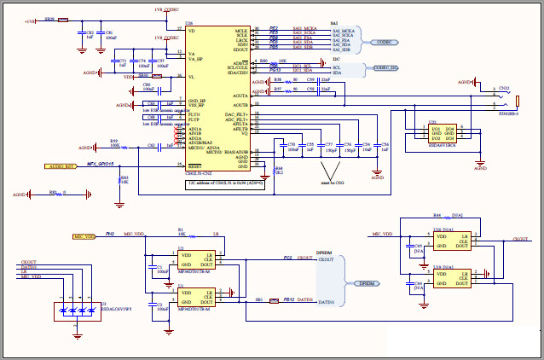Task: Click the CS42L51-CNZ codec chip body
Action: [x=217, y=98]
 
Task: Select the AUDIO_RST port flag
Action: [x=61, y=167]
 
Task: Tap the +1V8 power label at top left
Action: [x=30, y=20]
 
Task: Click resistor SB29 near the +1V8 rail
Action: [x=50, y=19]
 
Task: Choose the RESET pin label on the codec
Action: [x=195, y=165]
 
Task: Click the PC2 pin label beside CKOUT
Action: [x=287, y=256]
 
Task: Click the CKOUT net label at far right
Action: [x=520, y=240]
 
